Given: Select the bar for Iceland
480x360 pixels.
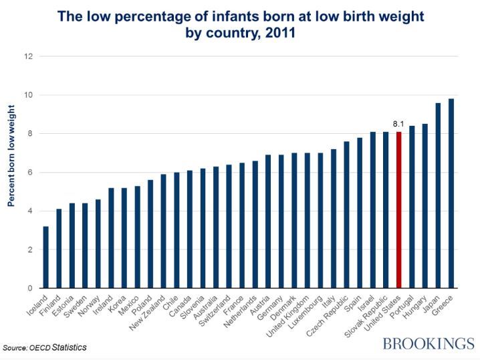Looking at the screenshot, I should click(46, 257).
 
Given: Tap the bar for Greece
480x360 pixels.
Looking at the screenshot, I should click(451, 193).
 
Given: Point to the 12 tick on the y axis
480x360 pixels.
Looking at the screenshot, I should click(29, 56).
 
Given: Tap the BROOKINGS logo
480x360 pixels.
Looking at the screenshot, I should click(427, 343).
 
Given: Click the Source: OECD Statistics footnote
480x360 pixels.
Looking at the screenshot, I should click(44, 348).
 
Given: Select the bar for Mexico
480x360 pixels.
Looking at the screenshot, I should click(138, 237).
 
